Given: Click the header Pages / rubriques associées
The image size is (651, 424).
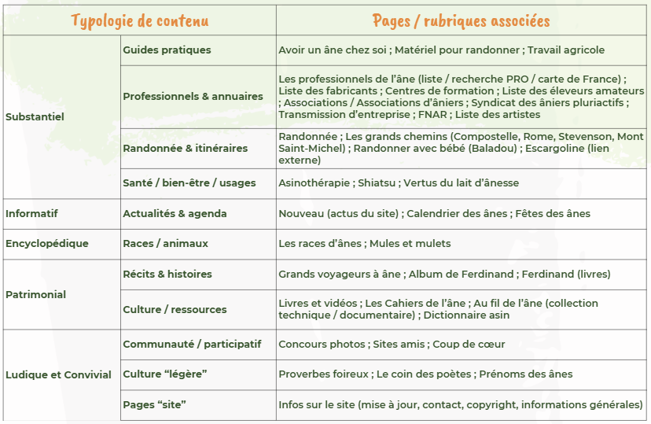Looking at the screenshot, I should click(461, 20).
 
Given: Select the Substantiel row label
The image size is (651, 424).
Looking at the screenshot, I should click(35, 117).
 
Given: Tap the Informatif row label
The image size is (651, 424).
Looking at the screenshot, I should click(31, 213).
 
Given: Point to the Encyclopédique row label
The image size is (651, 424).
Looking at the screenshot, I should click(47, 244).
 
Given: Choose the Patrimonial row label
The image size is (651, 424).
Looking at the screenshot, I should click(35, 295).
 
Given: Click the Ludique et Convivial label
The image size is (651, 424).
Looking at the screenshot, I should click(58, 374).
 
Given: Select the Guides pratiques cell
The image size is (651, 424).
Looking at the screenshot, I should click(167, 50).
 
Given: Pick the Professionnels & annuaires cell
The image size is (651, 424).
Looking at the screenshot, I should click(193, 97).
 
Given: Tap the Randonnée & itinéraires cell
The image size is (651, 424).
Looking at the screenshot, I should click(185, 148).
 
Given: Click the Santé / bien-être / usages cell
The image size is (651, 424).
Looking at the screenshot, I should click(189, 183).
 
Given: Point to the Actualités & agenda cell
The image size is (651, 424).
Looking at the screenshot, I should click(175, 213).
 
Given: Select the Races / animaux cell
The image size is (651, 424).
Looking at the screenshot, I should click(165, 244).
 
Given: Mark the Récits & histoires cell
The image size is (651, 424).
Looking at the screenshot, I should click(167, 275).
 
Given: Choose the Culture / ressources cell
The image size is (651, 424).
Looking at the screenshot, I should click(175, 310).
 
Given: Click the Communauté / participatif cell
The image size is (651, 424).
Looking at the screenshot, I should click(192, 345).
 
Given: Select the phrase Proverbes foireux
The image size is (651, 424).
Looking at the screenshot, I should click(323, 374).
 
